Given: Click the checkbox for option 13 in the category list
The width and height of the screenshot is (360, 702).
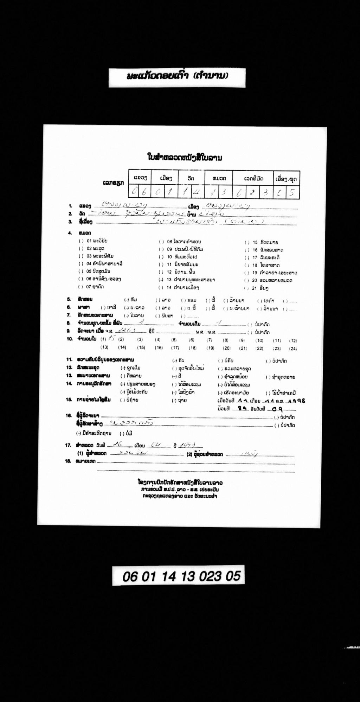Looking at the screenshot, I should [x=161, y=280].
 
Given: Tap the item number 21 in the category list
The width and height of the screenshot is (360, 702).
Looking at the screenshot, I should [x=255, y=288].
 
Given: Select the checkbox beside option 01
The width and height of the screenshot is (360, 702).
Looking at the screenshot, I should [x=81, y=241].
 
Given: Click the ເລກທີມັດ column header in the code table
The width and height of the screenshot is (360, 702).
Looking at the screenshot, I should [x=254, y=179].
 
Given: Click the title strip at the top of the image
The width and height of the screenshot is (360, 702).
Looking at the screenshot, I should [x=177, y=76].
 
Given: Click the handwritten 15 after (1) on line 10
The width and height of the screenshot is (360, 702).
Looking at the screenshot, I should [x=112, y=339].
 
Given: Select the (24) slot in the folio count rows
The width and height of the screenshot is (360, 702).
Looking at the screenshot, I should [x=293, y=349].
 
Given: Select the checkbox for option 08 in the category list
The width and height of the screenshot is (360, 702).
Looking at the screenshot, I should [x=161, y=242].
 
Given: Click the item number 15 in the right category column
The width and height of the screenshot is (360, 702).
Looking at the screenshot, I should [x=255, y=242].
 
